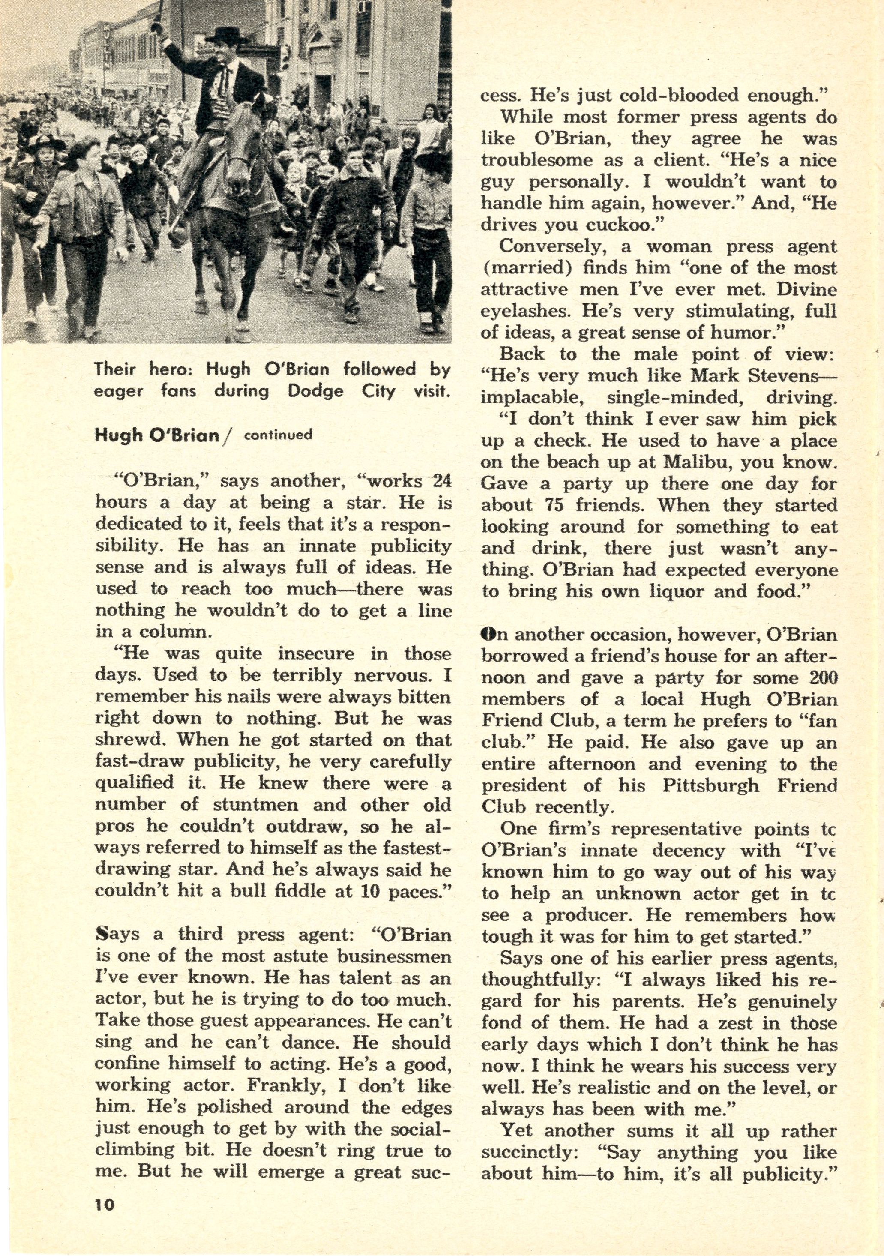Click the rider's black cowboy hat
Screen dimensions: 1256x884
click(226, 36)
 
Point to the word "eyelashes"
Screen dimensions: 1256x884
click(525, 311)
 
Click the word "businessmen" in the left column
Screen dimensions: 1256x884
click(394, 956)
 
